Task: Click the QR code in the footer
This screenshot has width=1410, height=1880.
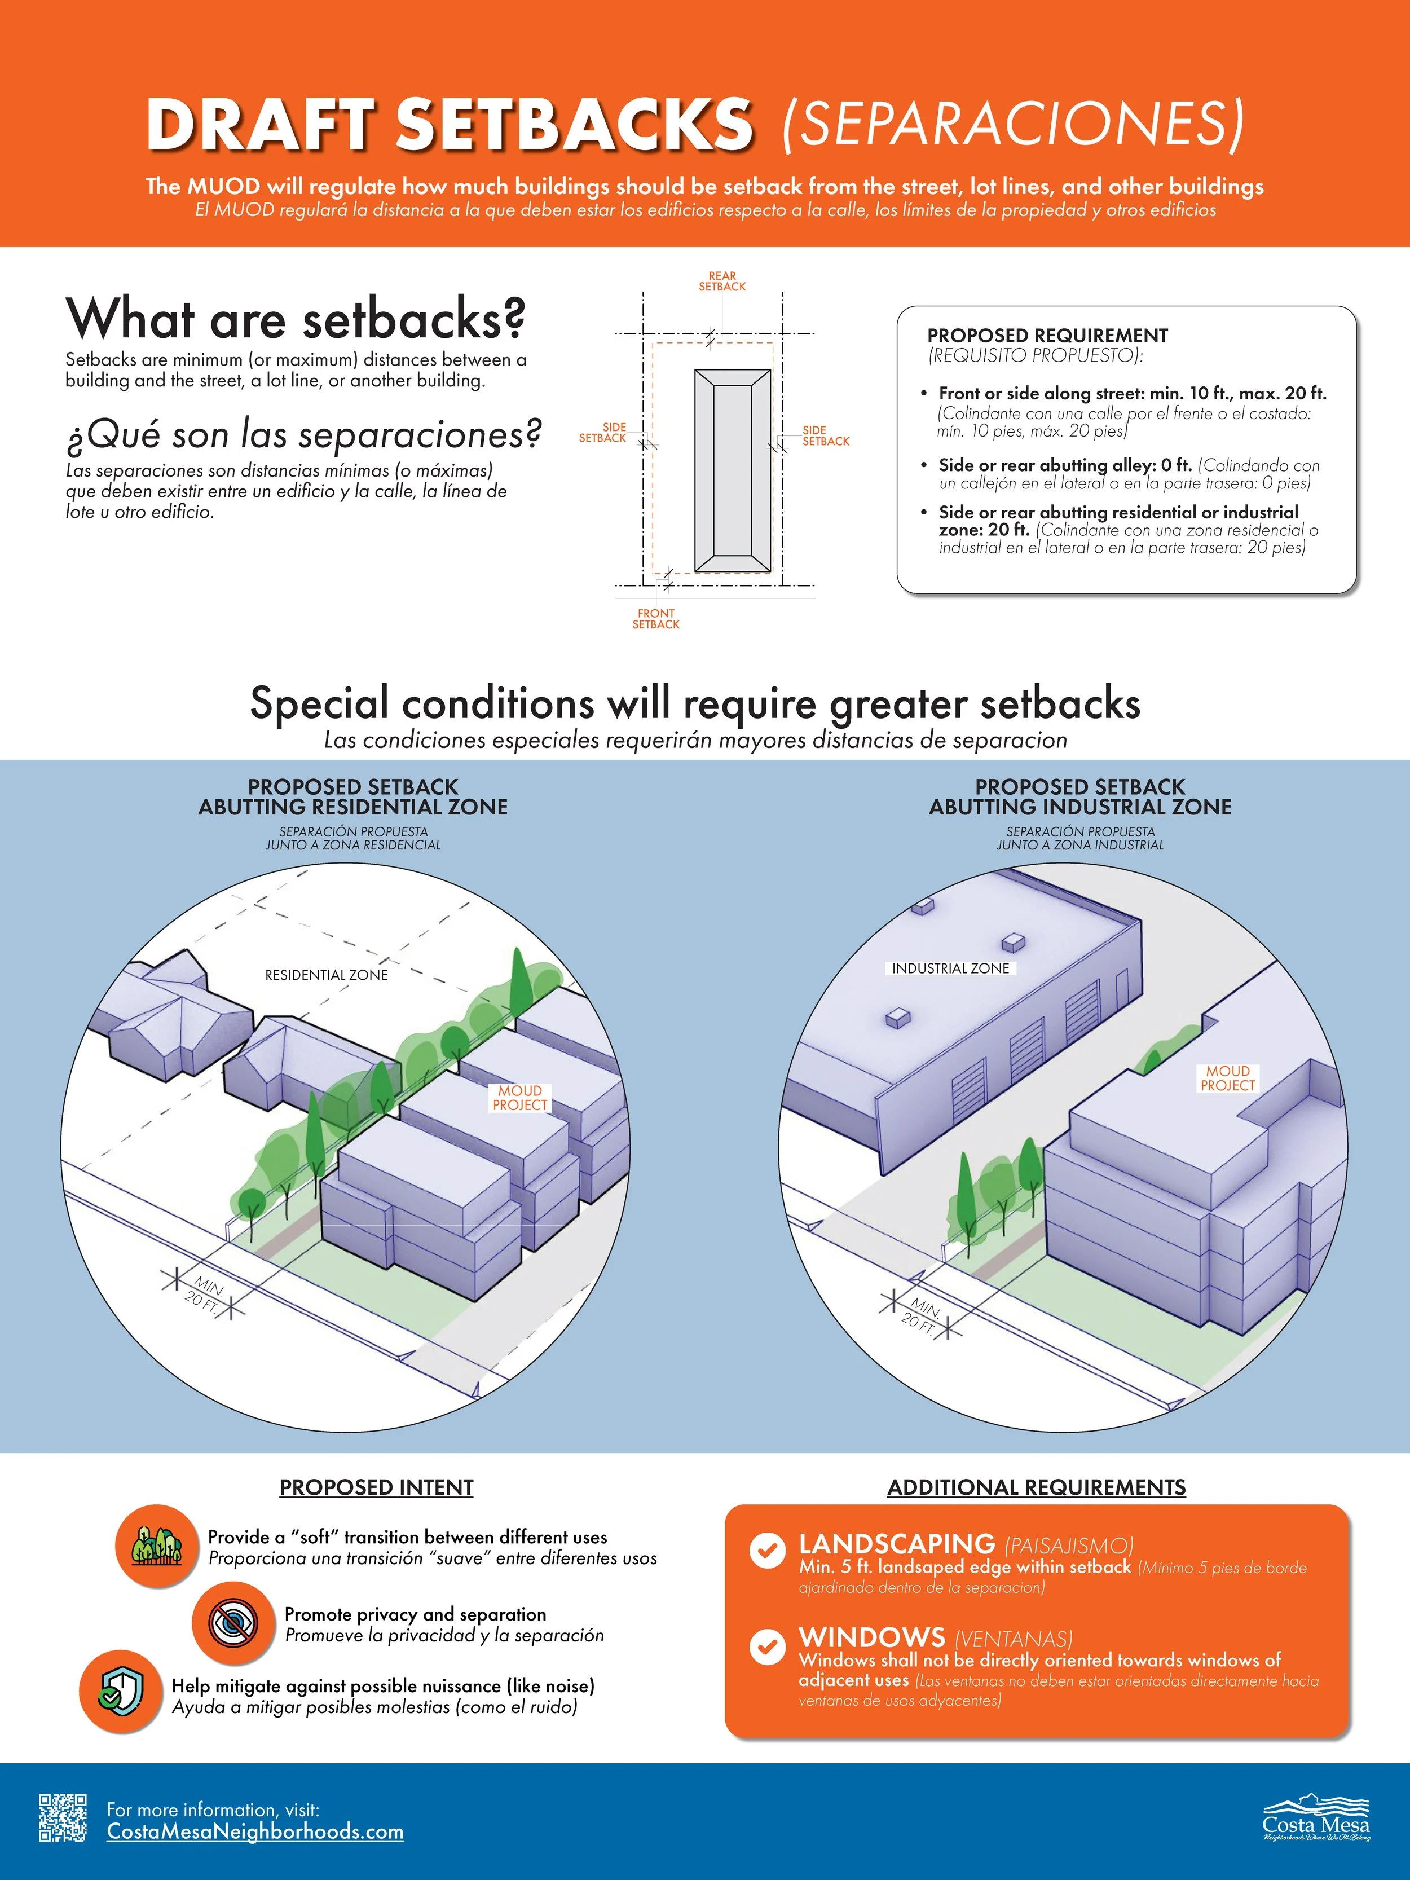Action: click(x=62, y=1817)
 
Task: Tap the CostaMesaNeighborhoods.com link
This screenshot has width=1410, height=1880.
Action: click(x=255, y=1831)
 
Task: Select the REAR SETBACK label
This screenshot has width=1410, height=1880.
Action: click(x=722, y=281)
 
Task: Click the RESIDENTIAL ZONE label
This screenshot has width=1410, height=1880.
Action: click(x=327, y=975)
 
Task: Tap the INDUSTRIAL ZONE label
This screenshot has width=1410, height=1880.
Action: click(x=950, y=968)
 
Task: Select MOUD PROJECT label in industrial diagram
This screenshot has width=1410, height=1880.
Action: click(x=1227, y=1078)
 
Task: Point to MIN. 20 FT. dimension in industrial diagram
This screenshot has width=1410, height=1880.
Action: click(x=922, y=1315)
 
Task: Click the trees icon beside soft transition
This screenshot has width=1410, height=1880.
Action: click(x=156, y=1545)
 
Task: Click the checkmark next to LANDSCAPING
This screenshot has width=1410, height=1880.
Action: click(x=766, y=1550)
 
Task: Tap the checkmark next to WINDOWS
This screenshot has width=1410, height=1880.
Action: click(x=766, y=1646)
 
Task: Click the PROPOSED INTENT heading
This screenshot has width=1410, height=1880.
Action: click(x=377, y=1487)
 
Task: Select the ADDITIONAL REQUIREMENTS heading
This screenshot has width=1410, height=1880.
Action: click(x=1036, y=1487)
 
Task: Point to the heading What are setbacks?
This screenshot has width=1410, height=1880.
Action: click(x=296, y=319)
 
